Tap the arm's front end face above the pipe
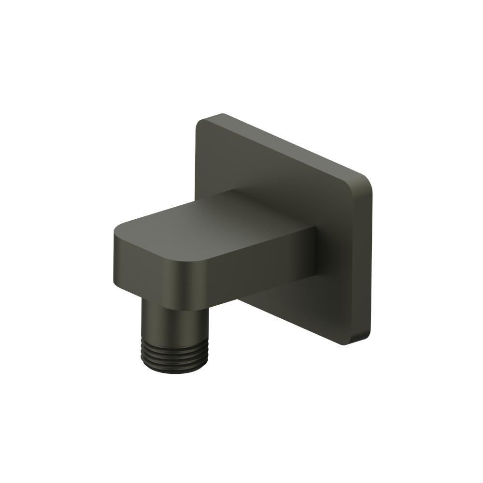click(x=145, y=270)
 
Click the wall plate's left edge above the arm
click(x=197, y=164)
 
